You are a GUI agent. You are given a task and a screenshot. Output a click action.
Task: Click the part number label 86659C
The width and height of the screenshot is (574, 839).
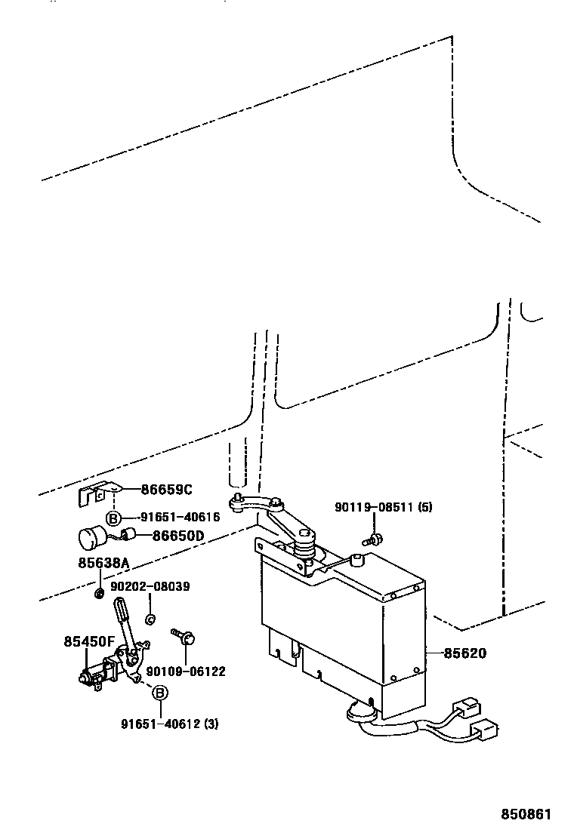coord(166,489)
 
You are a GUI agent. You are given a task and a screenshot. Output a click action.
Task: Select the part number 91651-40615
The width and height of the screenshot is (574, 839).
coord(180,518)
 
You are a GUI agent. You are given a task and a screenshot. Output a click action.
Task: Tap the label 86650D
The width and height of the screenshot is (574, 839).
coord(178,536)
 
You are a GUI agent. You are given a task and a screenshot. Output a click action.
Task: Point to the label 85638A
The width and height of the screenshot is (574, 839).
coord(103,563)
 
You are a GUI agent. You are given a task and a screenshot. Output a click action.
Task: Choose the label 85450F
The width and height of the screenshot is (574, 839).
coord(88,641)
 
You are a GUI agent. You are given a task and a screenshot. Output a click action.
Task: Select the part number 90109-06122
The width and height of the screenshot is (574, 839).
coord(185,672)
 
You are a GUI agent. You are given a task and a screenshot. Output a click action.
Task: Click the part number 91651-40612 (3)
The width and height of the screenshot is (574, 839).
coord(169,724)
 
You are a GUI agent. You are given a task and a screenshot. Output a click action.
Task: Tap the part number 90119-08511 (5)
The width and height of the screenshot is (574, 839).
coord(384,507)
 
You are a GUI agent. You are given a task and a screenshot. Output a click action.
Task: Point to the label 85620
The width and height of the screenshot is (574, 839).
coord(464,653)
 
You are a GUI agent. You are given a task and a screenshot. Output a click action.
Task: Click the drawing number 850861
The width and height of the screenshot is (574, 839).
coord(527,815)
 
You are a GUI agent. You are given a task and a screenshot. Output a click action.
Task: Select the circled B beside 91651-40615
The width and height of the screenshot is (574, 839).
coord(113,518)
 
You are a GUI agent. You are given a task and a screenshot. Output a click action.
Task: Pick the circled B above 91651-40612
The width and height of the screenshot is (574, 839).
coord(160,693)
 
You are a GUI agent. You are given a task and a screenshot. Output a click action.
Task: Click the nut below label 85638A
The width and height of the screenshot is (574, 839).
coord(99,591)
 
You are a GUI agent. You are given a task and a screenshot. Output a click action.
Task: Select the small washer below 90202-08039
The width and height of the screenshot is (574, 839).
coord(150,619)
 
